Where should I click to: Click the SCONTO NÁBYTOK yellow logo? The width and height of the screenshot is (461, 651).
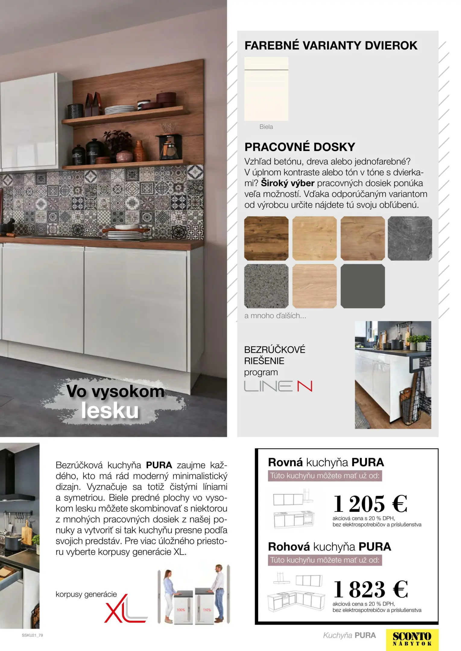tap(412, 640)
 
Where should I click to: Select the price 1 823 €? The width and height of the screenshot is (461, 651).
tap(371, 589)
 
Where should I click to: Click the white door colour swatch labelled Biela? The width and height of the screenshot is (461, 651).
tap(266, 89)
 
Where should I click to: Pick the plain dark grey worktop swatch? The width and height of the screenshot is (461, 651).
tap(363, 286)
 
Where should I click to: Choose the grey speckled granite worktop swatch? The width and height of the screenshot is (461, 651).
tap(266, 286)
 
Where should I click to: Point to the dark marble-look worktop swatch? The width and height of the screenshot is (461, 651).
tap(410, 238)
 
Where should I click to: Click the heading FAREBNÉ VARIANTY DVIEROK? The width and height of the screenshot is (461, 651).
tap(331, 46)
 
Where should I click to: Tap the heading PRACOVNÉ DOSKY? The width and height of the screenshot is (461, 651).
tap(300, 147)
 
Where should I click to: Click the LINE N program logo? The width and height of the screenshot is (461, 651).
tap(278, 386)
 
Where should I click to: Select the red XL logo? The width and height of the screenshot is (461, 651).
tap(125, 609)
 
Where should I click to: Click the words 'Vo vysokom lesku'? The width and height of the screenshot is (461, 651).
tap(115, 401)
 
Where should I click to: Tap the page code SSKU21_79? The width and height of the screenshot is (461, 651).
tap(32, 635)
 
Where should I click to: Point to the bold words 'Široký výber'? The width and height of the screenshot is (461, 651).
tap(288, 183)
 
